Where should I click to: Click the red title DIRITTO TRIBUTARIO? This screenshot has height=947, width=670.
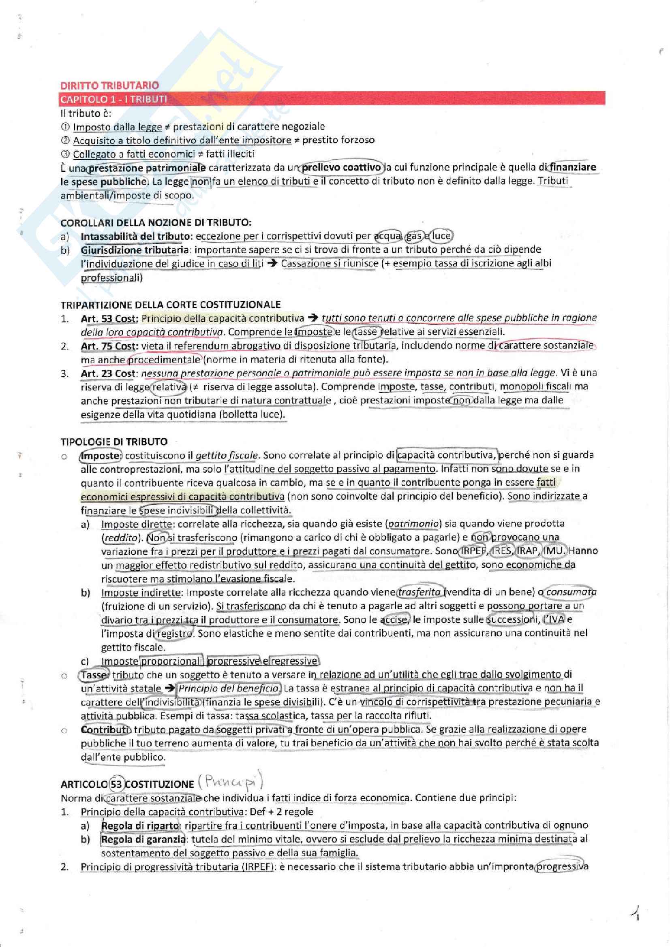coord(109,85)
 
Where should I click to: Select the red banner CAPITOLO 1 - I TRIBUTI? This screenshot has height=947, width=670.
coord(113,99)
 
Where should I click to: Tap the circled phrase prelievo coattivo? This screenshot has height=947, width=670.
coord(341,167)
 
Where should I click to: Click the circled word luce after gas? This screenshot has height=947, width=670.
coord(441,236)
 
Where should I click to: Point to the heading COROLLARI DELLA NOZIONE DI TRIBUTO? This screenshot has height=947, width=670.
coord(156,223)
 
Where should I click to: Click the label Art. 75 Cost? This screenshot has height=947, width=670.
coord(107,346)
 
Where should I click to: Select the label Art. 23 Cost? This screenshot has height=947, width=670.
coord(107,373)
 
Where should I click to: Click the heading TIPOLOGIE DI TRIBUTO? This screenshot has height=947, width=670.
coord(114,442)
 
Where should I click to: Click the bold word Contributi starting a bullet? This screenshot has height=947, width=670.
coord(105,729)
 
